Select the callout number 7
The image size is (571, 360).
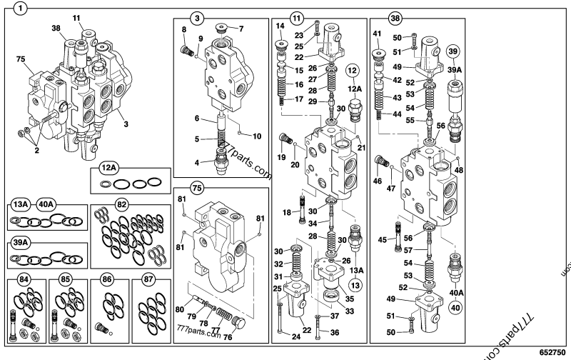click(x=240, y=29)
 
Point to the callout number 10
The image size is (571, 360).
click(x=258, y=136)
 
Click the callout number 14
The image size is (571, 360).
click(x=281, y=26)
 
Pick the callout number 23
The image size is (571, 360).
click(x=299, y=34)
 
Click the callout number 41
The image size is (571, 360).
click(x=376, y=34)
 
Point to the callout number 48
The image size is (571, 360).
click(x=458, y=170)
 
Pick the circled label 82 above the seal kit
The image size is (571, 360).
click(x=122, y=204)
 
